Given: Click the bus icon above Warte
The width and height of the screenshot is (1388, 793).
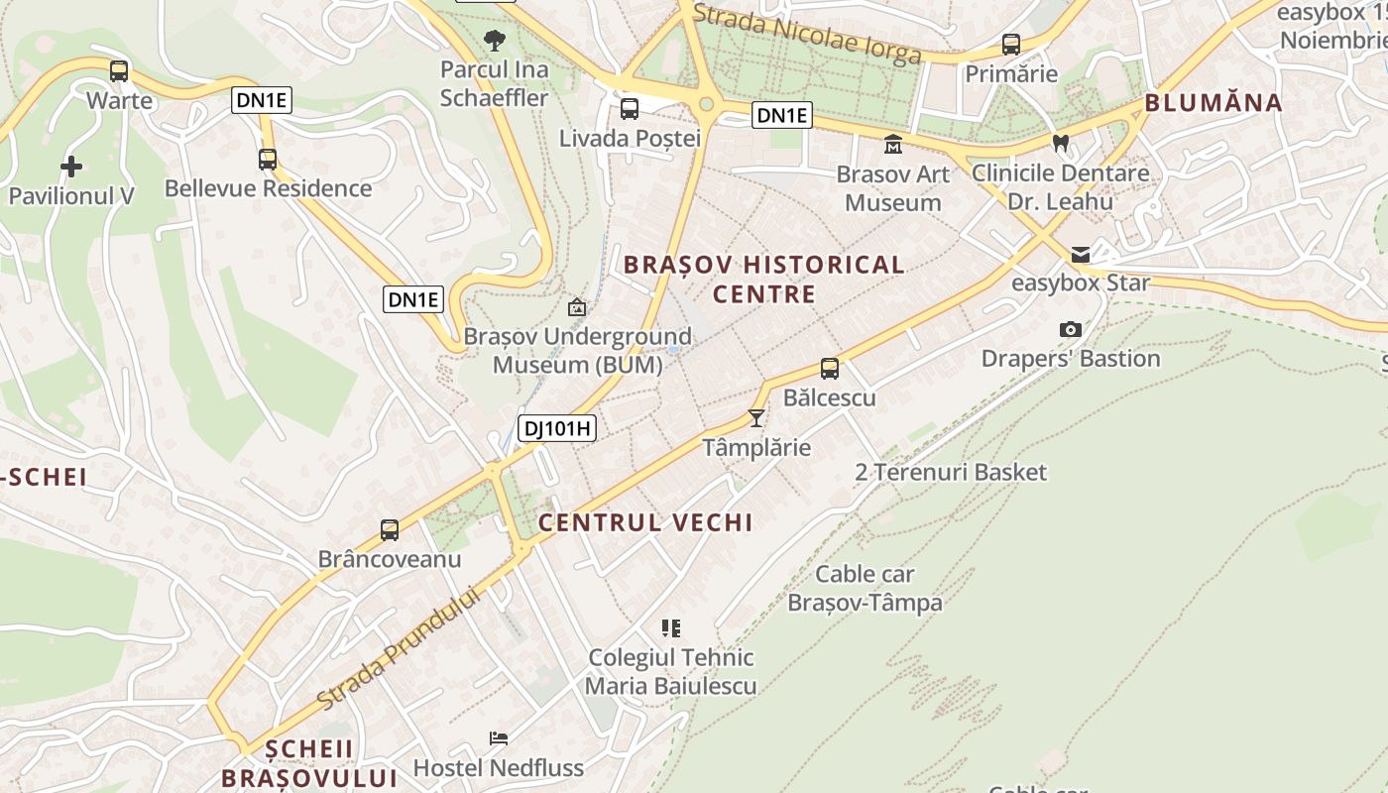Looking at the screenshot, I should (119, 71).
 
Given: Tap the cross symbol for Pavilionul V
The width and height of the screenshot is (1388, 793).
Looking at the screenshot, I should (71, 166).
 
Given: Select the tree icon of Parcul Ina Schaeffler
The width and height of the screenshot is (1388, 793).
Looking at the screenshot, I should (494, 41).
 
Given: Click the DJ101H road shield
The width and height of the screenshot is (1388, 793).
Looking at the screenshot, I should (557, 428).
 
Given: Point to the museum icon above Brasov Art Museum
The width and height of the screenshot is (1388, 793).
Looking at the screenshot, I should (893, 145).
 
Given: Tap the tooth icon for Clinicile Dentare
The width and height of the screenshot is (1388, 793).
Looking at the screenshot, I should (1061, 143).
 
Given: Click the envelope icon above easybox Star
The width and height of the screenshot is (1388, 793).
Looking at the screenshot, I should (1081, 255).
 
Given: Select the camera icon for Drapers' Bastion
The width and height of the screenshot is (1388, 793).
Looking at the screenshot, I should (1071, 329).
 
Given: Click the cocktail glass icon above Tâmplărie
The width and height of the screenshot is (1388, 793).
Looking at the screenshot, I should (756, 418).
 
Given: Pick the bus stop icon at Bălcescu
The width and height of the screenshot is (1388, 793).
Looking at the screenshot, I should (830, 369).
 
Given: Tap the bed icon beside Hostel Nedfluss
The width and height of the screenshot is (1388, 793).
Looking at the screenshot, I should (499, 738).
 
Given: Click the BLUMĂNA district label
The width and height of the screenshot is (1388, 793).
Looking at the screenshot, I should (1214, 103).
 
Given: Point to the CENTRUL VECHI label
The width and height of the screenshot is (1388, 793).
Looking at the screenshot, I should (645, 522).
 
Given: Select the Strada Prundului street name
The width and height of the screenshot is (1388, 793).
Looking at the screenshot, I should (400, 649).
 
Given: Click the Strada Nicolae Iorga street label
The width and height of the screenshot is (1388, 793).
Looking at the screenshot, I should (807, 33).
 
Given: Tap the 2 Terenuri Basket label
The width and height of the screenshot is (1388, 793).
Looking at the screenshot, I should (950, 472).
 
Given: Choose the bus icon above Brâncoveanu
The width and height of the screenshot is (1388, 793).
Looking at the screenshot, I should (390, 530).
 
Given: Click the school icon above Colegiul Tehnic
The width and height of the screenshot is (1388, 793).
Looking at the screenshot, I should (671, 627).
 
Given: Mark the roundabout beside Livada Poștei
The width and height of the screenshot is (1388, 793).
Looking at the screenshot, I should (707, 103).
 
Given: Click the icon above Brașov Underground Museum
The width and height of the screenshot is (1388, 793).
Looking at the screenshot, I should (577, 307).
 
